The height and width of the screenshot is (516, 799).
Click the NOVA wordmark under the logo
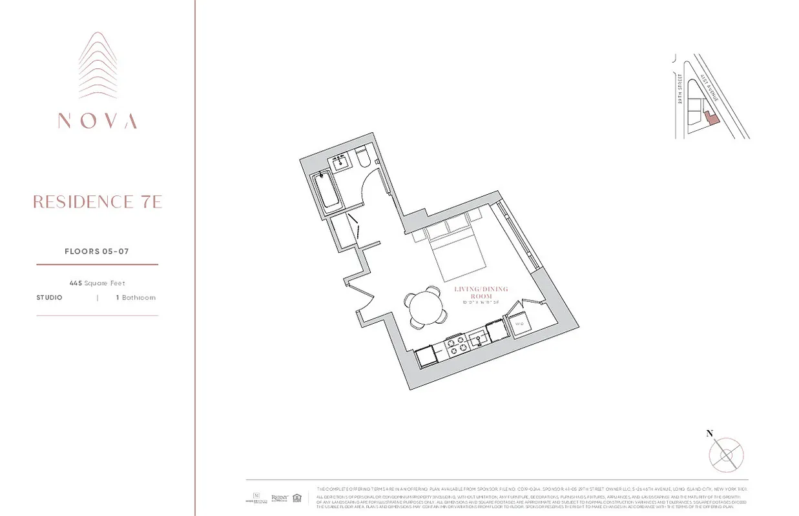click(x=97, y=121)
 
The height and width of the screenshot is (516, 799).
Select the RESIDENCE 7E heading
click(x=97, y=202)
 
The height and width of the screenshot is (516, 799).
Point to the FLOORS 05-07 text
click(x=97, y=252)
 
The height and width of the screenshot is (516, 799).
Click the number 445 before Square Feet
click(x=76, y=283)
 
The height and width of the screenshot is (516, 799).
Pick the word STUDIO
click(x=50, y=298)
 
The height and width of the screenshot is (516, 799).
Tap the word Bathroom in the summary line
click(x=139, y=298)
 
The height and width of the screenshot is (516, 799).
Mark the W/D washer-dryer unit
click(x=520, y=322)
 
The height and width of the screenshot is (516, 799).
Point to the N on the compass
click(x=709, y=433)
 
